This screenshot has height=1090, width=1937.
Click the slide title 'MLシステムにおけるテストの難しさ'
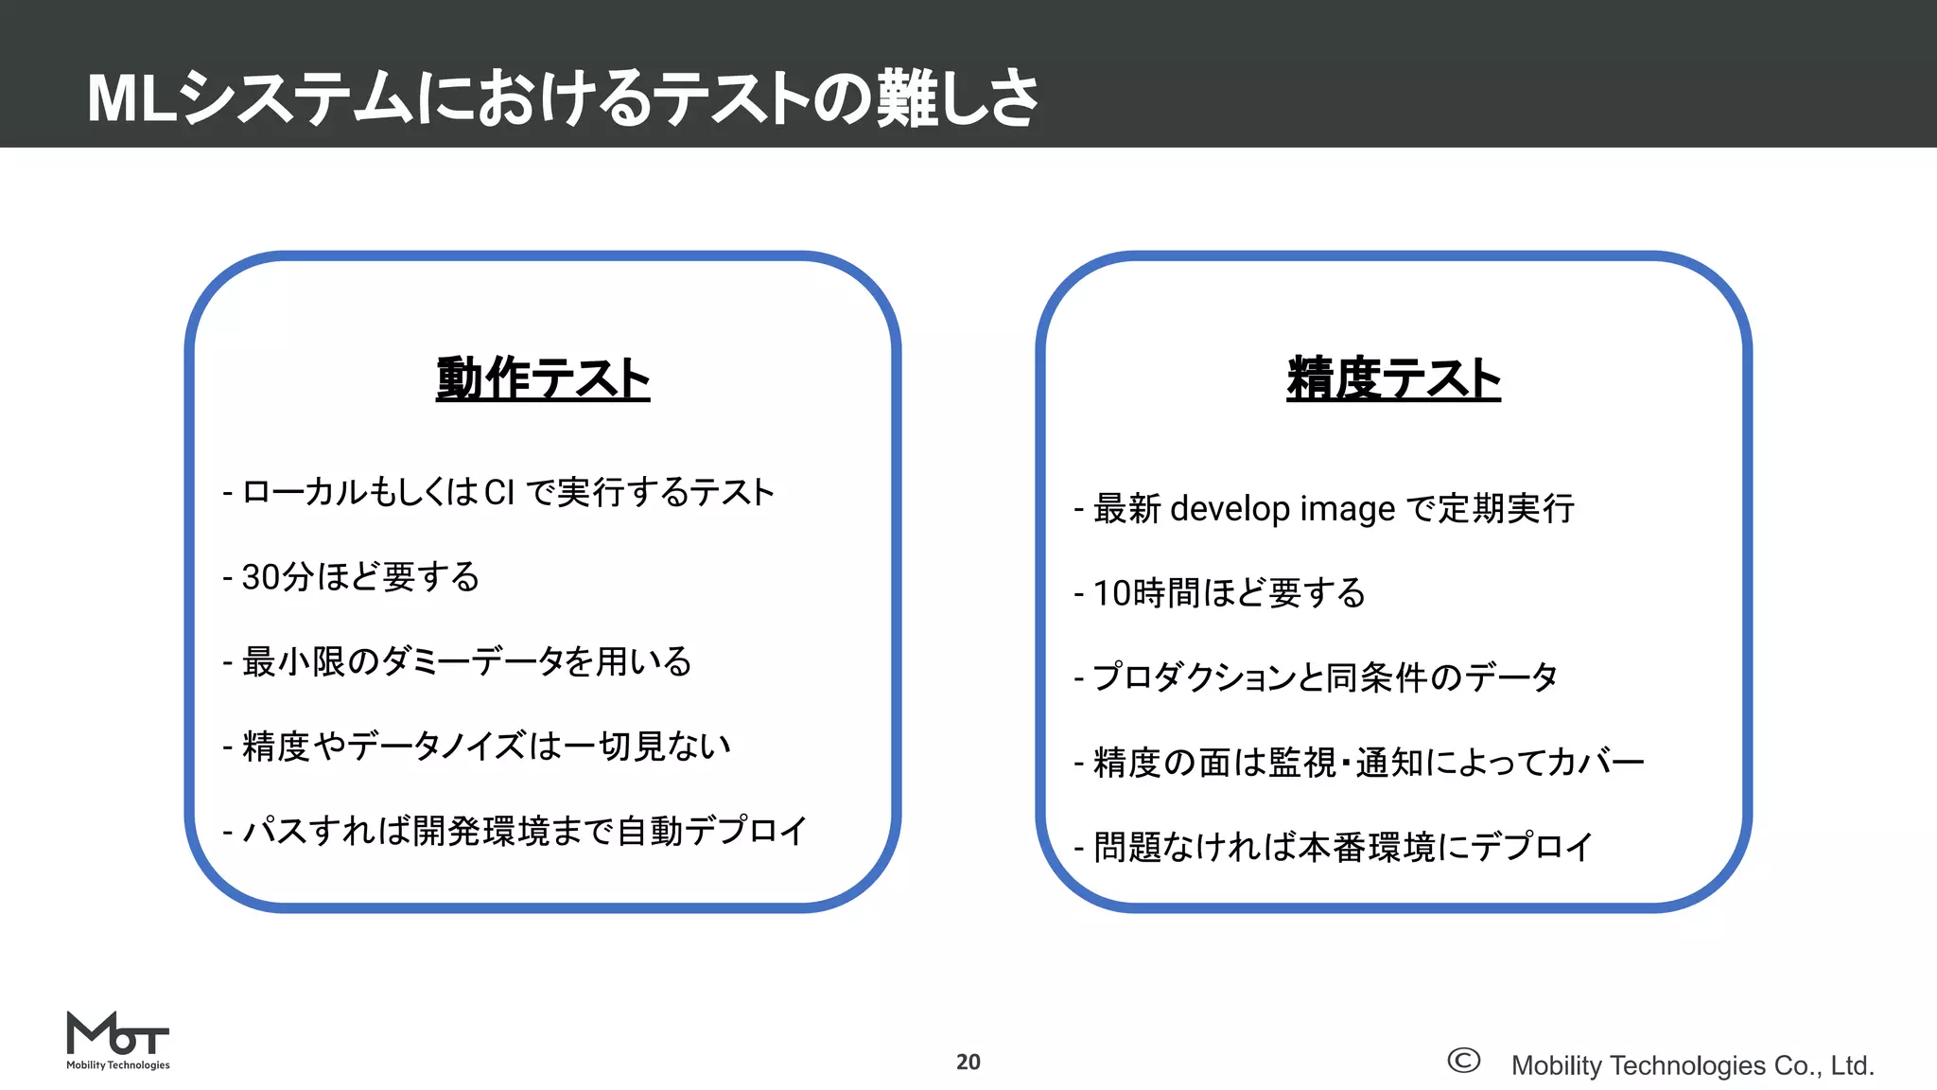pyautogui.click(x=563, y=97)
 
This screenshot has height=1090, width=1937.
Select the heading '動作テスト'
pyautogui.click(x=543, y=378)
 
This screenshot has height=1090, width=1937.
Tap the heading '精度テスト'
pyautogui.click(x=1393, y=378)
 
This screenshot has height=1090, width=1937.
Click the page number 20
pyautogui.click(x=968, y=1062)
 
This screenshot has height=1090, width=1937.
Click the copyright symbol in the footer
pyautogui.click(x=1463, y=1061)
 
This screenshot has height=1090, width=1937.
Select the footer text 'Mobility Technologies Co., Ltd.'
pyautogui.click(x=1692, y=1065)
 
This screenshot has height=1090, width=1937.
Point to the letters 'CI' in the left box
pyautogui.click(x=499, y=493)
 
